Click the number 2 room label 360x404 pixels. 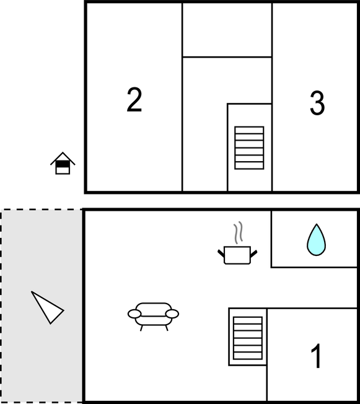134,100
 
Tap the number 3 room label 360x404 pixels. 317,103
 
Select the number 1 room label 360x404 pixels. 317,356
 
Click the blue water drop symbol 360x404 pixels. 316,240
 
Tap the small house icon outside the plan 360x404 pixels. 63,164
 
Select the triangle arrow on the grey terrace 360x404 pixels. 47,307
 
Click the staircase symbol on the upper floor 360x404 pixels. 249,148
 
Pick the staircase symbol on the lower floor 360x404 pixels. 248,338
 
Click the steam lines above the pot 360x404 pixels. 239,232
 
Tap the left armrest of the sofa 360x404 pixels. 134,314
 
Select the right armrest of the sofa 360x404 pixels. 172,314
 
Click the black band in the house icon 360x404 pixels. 63,164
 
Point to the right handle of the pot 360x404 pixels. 253,253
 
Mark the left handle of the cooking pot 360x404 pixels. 221,253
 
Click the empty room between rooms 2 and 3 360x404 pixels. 227,30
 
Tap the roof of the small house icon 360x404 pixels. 63,157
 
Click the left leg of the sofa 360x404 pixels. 141,328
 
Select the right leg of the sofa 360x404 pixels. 167,328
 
